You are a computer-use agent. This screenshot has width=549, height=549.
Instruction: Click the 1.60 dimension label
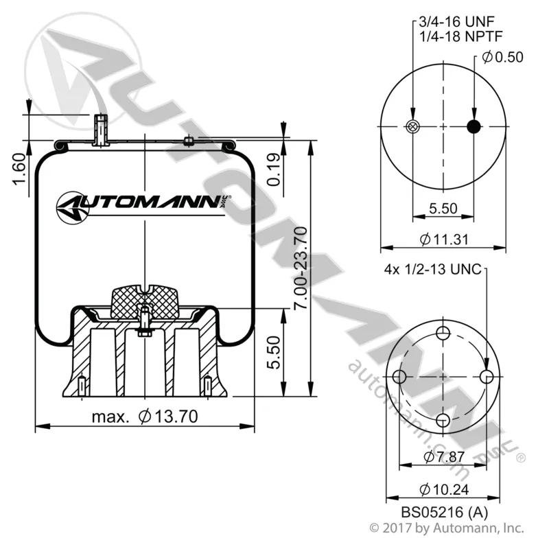click(20, 169)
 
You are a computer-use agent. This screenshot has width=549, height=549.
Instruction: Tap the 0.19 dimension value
click(274, 170)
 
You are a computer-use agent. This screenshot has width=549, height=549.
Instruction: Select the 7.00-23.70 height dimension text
click(301, 268)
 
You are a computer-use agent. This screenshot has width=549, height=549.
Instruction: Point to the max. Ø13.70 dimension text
click(145, 417)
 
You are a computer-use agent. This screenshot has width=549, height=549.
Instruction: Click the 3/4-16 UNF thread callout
click(456, 22)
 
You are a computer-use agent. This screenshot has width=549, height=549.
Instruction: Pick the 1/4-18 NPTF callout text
click(460, 36)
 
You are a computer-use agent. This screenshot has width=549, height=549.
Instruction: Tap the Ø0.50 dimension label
click(502, 57)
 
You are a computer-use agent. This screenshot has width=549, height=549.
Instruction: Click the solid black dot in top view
click(474, 126)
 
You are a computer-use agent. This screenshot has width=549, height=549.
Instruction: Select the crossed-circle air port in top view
click(413, 126)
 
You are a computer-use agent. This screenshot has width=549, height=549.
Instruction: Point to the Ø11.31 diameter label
click(444, 240)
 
